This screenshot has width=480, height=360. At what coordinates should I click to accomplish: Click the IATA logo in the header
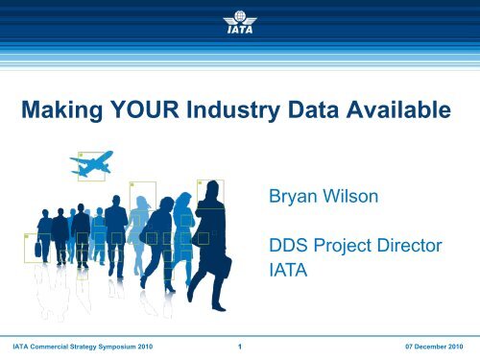tap(240, 22)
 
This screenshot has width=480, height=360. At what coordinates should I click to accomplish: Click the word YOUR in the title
tap(144, 109)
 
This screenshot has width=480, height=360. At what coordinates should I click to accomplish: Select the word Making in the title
tap(62, 110)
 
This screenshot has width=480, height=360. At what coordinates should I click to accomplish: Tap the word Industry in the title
tap(233, 110)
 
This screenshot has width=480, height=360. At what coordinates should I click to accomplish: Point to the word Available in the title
tap(398, 109)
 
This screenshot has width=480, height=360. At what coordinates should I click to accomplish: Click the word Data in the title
tap(313, 109)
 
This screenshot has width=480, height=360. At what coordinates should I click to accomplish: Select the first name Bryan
tap(293, 197)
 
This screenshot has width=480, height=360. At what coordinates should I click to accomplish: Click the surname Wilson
tap(350, 196)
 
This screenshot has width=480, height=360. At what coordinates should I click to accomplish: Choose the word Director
tap(410, 246)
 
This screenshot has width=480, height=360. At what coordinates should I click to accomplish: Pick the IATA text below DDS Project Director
tap(288, 270)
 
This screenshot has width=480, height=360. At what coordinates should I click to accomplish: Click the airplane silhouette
tap(92, 164)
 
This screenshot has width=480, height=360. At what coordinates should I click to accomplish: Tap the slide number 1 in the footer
tap(240, 347)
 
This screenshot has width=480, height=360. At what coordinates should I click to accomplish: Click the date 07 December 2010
tap(434, 347)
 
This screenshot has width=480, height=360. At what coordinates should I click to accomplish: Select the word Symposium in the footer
tap(117, 347)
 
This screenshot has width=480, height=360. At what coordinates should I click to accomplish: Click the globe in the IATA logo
tap(240, 15)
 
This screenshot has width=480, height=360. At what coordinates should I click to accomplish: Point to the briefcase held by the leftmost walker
tap(37, 250)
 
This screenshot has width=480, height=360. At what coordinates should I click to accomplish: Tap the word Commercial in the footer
tap(49, 347)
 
